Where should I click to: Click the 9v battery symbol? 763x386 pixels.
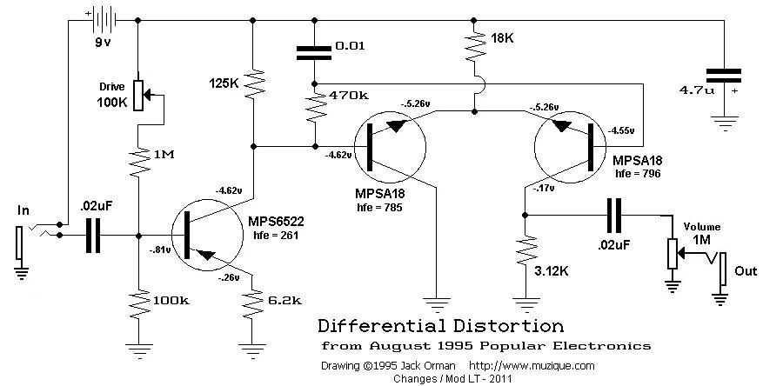104,17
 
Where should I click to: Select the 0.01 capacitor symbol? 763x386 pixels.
313,51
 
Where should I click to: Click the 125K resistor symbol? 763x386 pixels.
252,85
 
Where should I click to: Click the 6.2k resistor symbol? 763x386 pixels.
252,300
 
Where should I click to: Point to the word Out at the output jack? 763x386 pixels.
746,271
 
